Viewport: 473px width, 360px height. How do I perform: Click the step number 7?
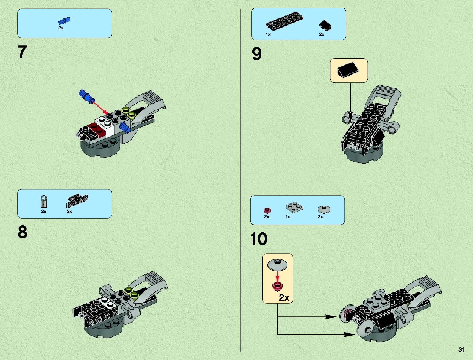click(x=22, y=52)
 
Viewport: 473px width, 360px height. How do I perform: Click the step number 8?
click(x=22, y=232)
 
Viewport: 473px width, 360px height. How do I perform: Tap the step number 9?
click(x=256, y=54)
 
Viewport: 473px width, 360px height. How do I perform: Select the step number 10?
click(x=259, y=239)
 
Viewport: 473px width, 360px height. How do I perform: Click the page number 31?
click(x=461, y=349)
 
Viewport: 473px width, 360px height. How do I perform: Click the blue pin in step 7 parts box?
click(x=64, y=21)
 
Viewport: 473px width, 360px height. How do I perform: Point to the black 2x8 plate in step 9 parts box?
click(x=284, y=21)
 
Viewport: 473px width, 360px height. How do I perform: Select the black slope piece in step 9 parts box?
click(x=325, y=25)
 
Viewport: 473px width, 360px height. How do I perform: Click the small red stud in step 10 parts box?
click(x=267, y=210)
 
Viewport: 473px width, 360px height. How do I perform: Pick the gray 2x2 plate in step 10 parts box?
click(x=294, y=207)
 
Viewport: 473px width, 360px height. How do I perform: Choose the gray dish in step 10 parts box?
click(x=324, y=209)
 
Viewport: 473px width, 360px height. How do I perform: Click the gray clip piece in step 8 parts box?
click(x=44, y=201)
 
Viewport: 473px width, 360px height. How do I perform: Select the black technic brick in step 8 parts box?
click(x=77, y=201)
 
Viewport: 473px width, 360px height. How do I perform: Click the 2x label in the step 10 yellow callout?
click(x=284, y=298)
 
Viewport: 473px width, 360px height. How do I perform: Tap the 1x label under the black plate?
click(x=268, y=34)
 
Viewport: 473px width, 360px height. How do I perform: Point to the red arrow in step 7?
click(x=100, y=108)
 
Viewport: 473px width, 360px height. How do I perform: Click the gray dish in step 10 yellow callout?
click(x=277, y=264)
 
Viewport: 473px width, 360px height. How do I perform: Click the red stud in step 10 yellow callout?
click(x=277, y=286)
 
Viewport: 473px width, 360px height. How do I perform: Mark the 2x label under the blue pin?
click(x=61, y=28)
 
